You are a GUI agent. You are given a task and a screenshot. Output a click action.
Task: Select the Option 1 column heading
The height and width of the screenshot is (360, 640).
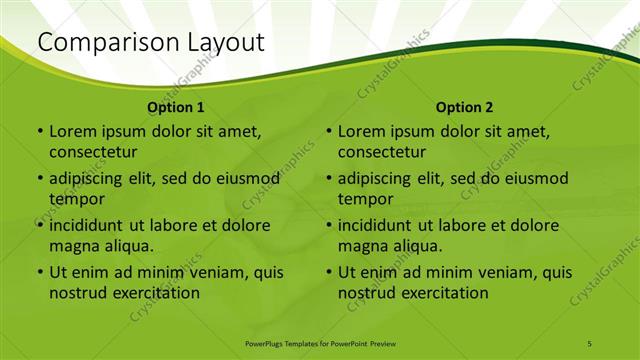[x=176, y=107]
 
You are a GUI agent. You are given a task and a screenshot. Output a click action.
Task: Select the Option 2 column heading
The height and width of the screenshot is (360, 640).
[x=465, y=107]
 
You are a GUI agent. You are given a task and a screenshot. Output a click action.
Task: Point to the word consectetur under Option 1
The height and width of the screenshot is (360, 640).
[x=93, y=152]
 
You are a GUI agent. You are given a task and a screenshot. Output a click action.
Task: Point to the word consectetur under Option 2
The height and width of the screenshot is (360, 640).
[x=382, y=152]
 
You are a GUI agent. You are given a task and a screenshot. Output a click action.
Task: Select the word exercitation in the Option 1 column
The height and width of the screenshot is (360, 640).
[x=154, y=293]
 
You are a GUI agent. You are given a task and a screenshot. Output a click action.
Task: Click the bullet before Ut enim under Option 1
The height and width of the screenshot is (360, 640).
[x=40, y=272]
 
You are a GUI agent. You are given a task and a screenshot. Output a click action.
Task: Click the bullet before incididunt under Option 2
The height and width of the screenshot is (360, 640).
[x=329, y=225]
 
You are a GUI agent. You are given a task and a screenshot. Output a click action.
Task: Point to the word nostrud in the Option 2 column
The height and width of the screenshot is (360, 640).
[x=366, y=293]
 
